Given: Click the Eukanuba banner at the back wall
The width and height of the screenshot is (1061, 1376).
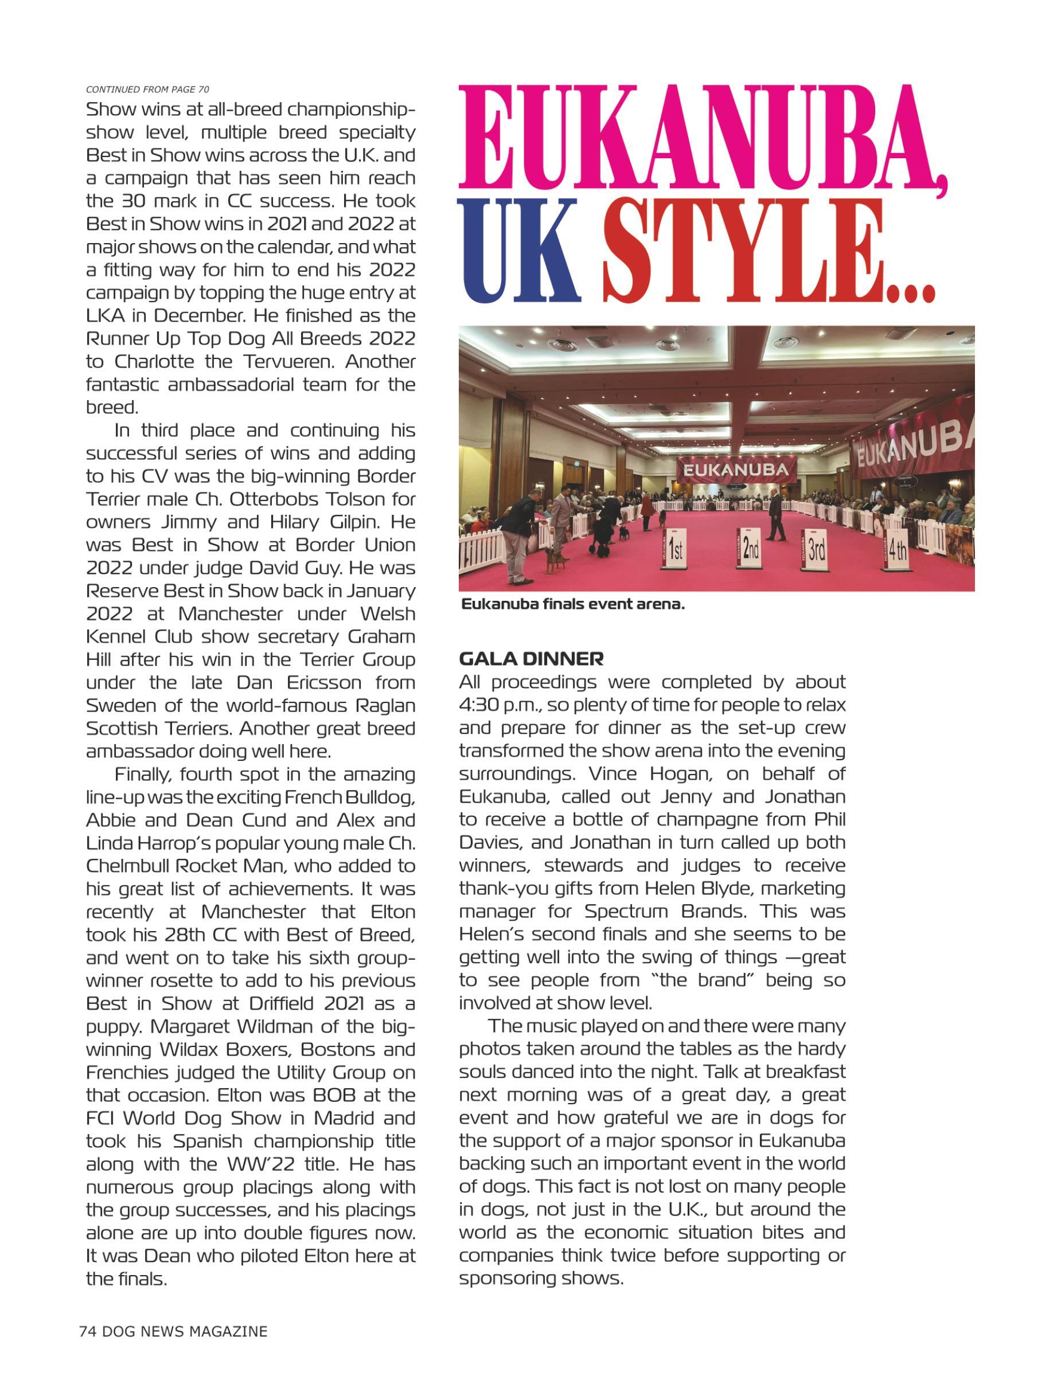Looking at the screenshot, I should point(735,470).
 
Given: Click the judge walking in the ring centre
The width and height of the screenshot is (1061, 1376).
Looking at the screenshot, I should point(776,517).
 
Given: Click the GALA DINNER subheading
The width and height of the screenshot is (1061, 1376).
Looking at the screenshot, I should point(531,659).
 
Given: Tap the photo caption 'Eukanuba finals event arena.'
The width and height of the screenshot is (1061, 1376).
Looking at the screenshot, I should point(573,604).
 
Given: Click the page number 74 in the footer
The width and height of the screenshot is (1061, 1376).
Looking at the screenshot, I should point(87,1331).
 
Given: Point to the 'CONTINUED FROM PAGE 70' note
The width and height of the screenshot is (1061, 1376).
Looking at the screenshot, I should point(147,89).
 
